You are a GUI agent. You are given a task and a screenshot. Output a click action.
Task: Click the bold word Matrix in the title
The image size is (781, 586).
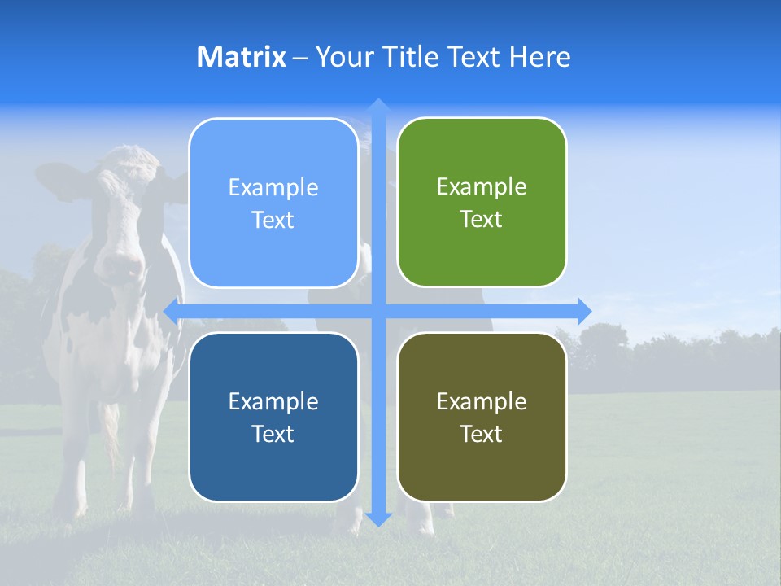(241, 57)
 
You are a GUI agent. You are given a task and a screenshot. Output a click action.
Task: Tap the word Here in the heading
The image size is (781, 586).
(539, 57)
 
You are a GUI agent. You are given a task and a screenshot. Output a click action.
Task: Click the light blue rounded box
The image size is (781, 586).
(273, 203)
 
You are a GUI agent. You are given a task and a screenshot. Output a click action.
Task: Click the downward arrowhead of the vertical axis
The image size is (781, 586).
(377, 518)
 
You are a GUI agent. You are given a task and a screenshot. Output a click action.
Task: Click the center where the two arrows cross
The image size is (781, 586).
(377, 311)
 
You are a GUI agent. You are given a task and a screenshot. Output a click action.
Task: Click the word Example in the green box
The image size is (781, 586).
(482, 187)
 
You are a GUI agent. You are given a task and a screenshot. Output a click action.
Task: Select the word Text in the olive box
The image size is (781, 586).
(482, 434)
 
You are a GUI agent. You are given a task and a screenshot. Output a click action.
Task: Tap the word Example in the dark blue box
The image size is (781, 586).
(273, 401)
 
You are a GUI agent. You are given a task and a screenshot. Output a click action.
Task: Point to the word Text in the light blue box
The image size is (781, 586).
(273, 220)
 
